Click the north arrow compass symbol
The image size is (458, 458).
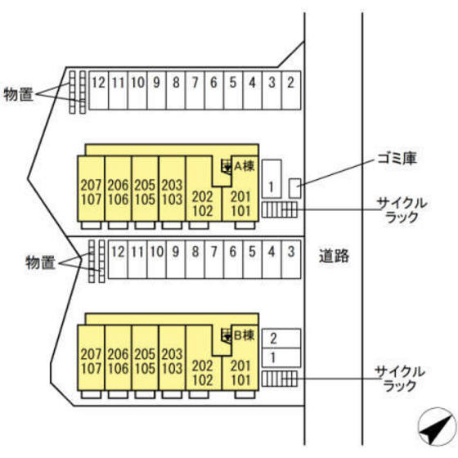point(438,427)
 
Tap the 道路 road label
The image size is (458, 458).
point(334,256)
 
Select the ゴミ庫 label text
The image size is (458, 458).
point(397,159)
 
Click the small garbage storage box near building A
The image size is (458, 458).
point(294,188)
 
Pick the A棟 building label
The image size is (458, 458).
point(245,166)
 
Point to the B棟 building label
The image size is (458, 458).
point(245,335)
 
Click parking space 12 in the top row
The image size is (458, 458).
point(98,90)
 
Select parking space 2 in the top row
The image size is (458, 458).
point(291,90)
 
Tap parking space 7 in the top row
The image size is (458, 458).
point(195,90)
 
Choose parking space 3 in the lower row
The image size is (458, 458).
point(291,259)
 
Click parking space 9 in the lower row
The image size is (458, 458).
point(176,259)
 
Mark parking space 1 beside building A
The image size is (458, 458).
point(272,179)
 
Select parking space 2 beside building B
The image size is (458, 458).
point(281,339)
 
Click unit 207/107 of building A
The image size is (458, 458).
point(91,189)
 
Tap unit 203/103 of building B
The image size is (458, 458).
point(172,358)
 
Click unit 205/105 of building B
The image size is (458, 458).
point(146,358)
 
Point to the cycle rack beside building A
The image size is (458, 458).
point(280,209)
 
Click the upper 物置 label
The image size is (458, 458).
point(18,94)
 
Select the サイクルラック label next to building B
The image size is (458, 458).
point(400,379)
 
